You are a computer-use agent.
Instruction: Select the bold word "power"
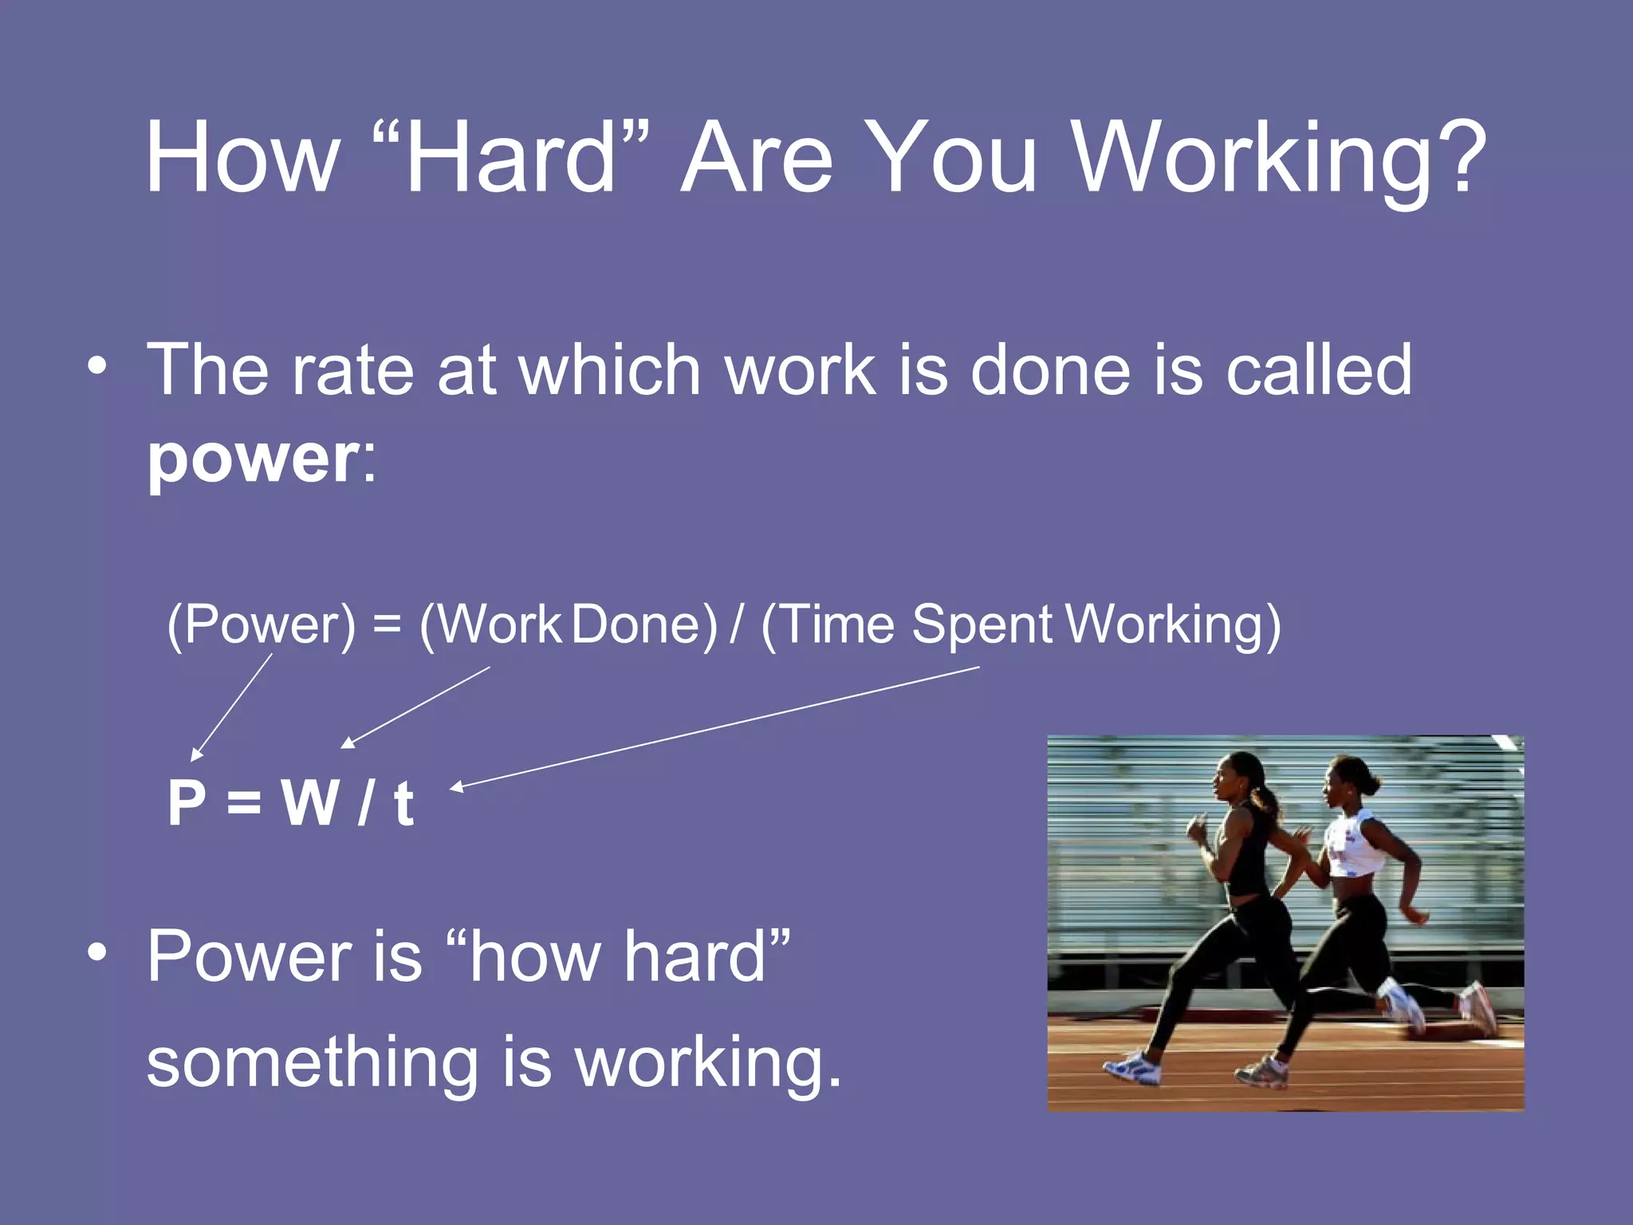click(x=254, y=460)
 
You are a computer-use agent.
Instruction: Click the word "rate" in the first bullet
click(x=352, y=370)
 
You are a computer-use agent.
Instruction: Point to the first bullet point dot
click(x=97, y=367)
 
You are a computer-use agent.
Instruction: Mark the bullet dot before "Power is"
click(x=97, y=952)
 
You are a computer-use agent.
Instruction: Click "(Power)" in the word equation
click(x=261, y=624)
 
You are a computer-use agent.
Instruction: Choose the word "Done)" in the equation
click(x=644, y=624)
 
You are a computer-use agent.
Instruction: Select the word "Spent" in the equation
click(x=982, y=624)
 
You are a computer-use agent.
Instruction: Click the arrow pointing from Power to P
click(x=232, y=707)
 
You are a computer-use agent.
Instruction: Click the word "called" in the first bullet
click(x=1319, y=370)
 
